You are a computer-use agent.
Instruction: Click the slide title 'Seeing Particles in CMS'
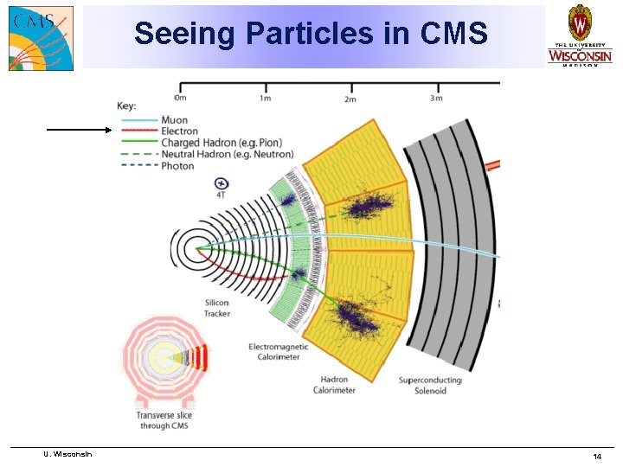[x=311, y=35]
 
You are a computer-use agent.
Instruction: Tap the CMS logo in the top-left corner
[x=41, y=37]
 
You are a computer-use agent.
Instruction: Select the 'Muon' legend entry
[x=174, y=120]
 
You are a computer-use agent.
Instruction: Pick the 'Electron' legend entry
[x=179, y=131]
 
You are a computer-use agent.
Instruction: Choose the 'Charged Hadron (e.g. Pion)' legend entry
[x=221, y=143]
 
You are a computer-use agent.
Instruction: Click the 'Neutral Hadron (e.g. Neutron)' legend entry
[x=227, y=154]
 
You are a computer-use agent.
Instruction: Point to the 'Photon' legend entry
[x=177, y=165]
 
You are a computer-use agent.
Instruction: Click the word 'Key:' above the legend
[x=126, y=106]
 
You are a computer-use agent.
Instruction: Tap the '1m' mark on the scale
[x=267, y=99]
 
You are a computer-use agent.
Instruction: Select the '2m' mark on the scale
[x=350, y=99]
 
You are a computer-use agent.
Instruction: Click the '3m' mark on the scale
[x=436, y=99]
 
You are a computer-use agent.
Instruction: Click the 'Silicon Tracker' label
[x=216, y=308]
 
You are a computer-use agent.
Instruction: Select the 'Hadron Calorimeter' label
[x=334, y=385]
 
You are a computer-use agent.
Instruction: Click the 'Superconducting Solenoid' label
[x=430, y=385]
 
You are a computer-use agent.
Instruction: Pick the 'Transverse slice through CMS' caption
[x=164, y=420]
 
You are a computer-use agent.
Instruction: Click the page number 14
[x=597, y=456]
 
